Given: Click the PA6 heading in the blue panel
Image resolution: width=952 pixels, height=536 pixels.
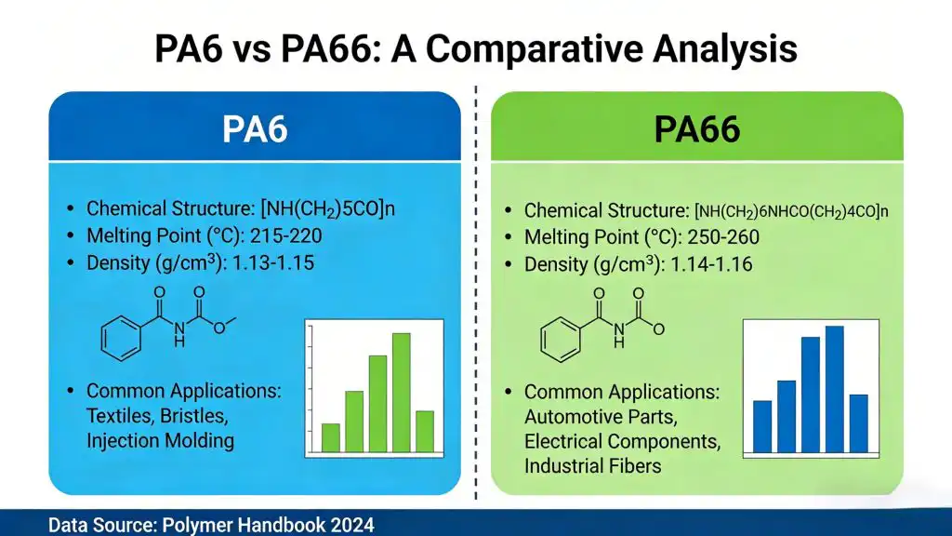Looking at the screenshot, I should click(255, 128).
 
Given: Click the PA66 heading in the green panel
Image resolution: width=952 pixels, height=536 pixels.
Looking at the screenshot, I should click(696, 128).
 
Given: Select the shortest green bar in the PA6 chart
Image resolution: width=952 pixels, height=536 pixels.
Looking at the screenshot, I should click(330, 436).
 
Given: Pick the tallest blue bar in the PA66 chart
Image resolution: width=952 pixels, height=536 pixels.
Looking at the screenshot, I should click(834, 388).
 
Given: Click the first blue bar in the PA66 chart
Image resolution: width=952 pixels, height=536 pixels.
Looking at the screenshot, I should click(762, 426).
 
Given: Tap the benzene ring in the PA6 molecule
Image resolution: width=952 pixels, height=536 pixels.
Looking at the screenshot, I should click(120, 338).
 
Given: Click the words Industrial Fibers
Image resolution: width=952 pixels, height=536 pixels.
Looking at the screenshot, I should click(593, 466).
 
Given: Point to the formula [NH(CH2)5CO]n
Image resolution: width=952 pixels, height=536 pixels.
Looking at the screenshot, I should click(328, 208).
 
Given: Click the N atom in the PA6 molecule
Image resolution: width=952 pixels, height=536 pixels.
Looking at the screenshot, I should click(179, 326).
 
